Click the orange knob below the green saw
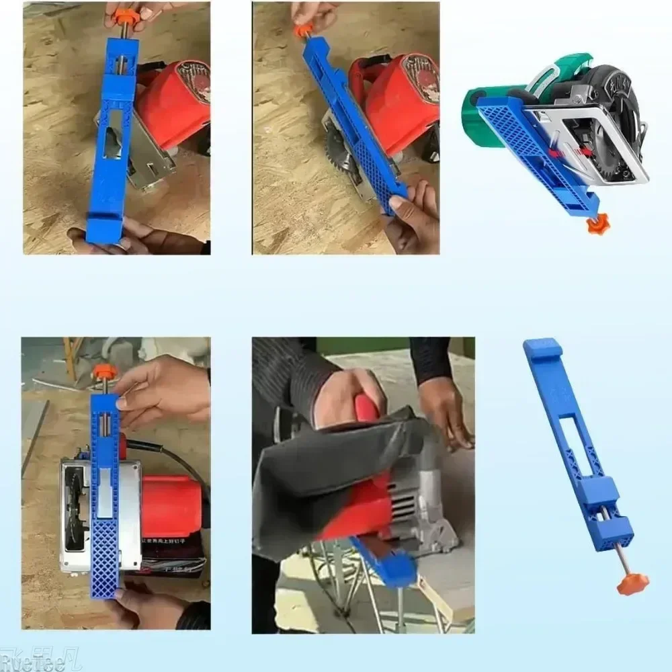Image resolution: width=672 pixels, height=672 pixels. (x=597, y=224)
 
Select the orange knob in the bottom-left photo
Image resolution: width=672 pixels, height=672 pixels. (x=105, y=372)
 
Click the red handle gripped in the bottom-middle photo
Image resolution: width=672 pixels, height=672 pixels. (x=368, y=410)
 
